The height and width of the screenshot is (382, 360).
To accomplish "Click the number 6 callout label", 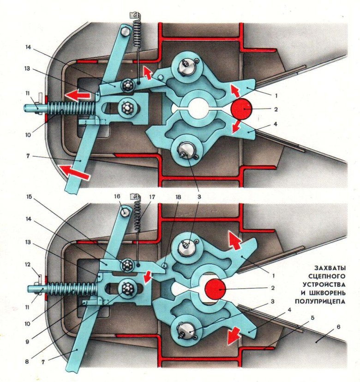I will coord(339,327).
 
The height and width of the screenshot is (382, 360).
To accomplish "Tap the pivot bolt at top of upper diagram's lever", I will coord(126,31).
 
